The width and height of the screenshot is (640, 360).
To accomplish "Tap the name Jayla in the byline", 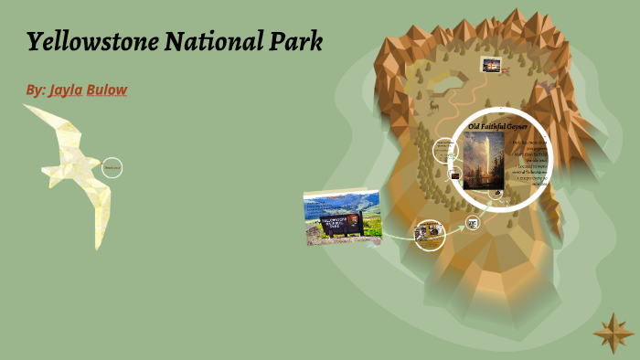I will pyautogui.click(x=65, y=90).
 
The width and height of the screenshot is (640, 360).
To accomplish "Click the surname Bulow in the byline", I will pyautogui.click(x=107, y=90).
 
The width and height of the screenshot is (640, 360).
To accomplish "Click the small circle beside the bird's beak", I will pyautogui.click(x=112, y=167).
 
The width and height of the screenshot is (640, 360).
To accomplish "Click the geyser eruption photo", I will pyautogui.click(x=484, y=160).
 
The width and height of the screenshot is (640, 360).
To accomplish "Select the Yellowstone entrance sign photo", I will pyautogui.click(x=342, y=217).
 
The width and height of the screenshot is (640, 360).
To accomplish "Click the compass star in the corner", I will pyautogui.click(x=613, y=333).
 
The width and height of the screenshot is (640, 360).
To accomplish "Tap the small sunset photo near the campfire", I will pyautogui.click(x=492, y=65).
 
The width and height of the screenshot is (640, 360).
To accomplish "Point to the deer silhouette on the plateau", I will pyautogui.click(x=433, y=106).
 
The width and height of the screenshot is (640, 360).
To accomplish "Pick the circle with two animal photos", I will pyautogui.click(x=429, y=233).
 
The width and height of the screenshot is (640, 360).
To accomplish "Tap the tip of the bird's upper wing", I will pyautogui.click(x=27, y=108).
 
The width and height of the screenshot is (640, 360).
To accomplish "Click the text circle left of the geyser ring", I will pyautogui.click(x=444, y=149).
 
